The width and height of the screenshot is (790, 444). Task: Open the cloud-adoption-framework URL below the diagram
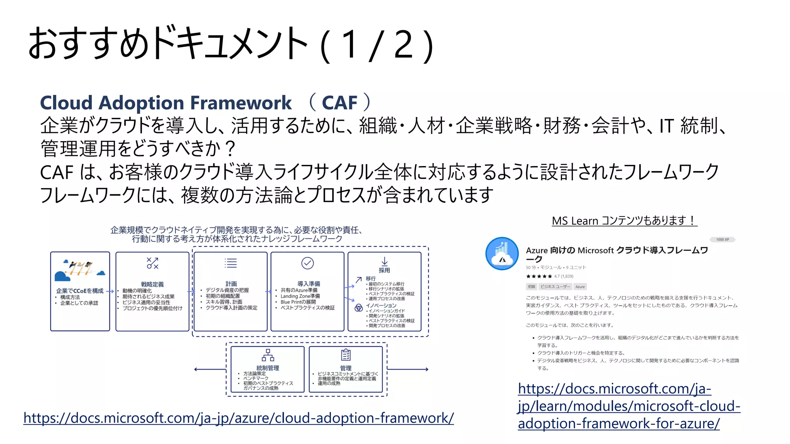click(x=238, y=418)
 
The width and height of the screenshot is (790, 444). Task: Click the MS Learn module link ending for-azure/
click(x=629, y=406)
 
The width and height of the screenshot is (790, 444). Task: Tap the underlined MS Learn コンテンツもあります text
click(x=624, y=221)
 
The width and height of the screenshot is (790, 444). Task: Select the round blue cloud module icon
click(x=502, y=254)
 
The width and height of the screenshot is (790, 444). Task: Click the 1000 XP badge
click(x=722, y=240)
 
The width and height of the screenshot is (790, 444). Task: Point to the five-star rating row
click(x=539, y=276)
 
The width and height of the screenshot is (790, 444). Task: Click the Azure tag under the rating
click(x=580, y=287)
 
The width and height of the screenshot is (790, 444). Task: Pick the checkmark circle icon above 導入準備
click(x=307, y=263)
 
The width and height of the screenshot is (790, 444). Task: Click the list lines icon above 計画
click(x=231, y=263)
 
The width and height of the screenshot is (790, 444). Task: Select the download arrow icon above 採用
click(x=384, y=261)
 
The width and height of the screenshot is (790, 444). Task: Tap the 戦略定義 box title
click(x=152, y=284)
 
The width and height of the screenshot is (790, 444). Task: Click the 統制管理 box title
click(x=268, y=368)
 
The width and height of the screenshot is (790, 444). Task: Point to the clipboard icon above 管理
click(x=346, y=355)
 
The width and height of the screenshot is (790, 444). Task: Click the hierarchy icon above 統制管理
click(x=268, y=355)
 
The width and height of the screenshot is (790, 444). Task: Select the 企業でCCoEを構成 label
click(x=80, y=291)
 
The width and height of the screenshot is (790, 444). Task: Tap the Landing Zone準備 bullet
click(x=300, y=296)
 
